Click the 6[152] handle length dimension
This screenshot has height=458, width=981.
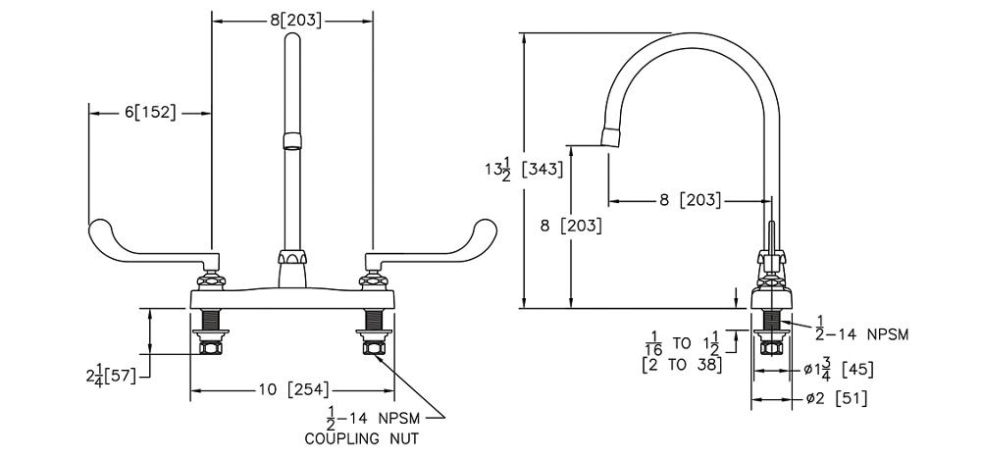[x=149, y=113]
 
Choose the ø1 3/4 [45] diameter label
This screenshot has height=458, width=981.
[x=841, y=370]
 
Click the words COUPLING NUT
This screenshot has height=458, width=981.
[x=361, y=438]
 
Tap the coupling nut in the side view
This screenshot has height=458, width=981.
[x=772, y=344]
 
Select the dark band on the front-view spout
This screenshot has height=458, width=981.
[x=291, y=140]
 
